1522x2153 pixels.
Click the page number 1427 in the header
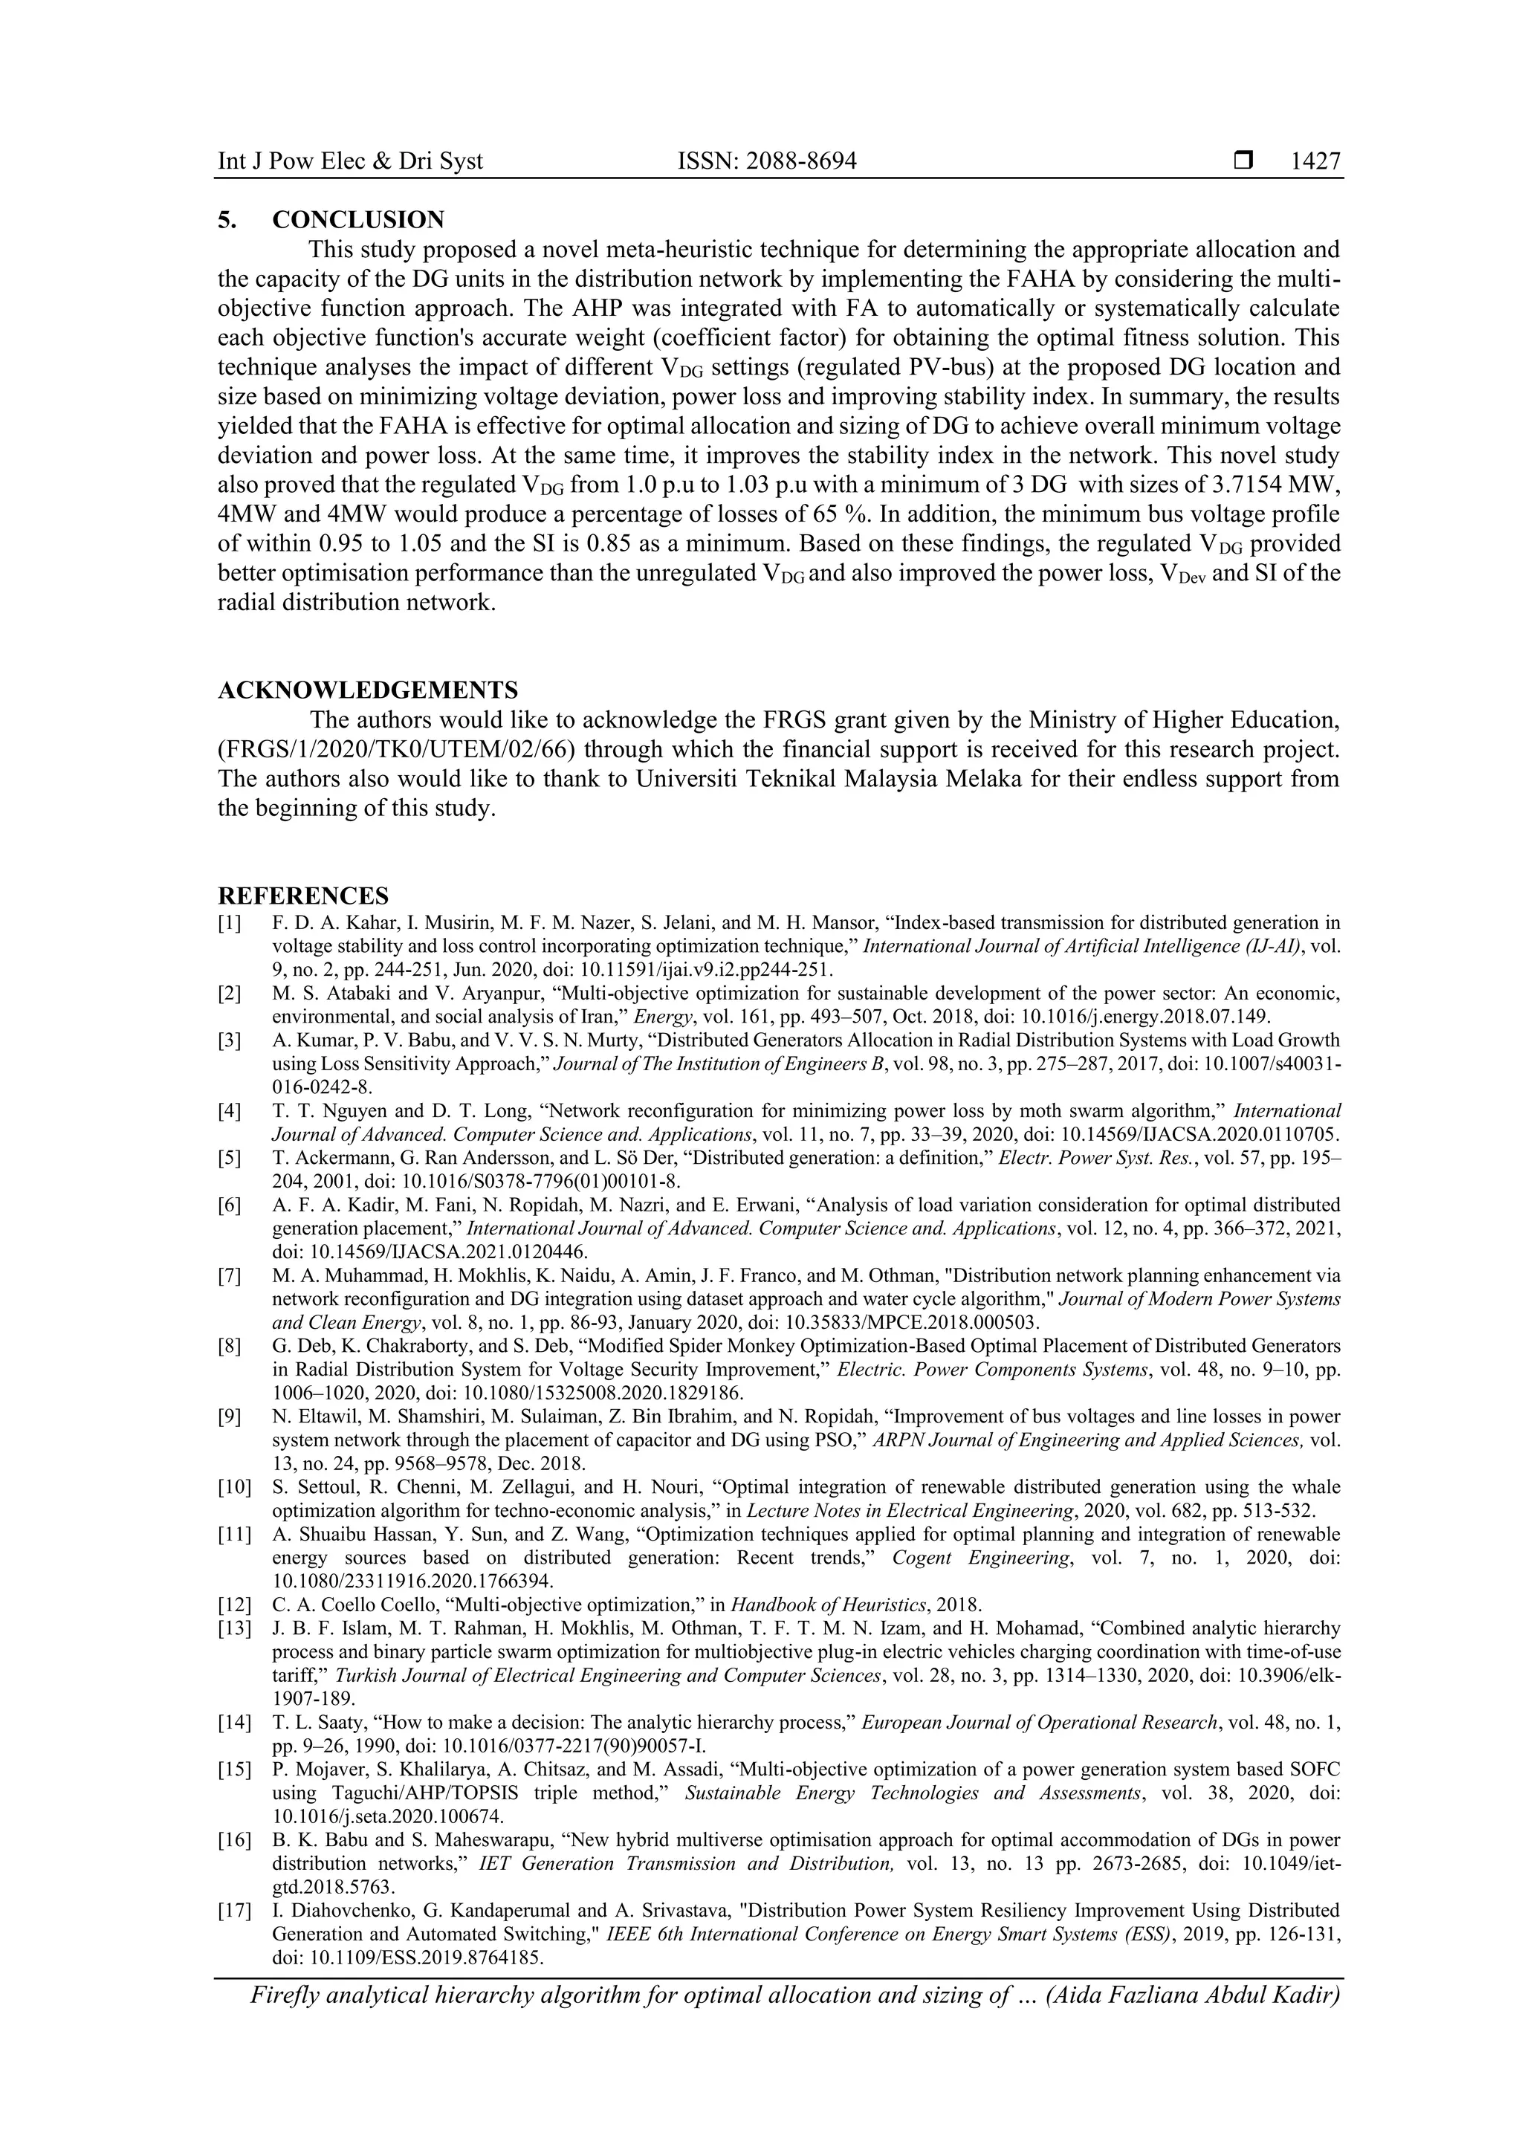point(1315,161)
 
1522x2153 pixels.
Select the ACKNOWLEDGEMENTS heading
point(368,690)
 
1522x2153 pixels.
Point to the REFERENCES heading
point(303,896)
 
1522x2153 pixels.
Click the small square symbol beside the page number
point(1243,161)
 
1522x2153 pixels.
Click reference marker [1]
point(230,923)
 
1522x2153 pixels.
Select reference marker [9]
point(230,1416)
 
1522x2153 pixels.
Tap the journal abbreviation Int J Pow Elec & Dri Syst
point(350,161)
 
